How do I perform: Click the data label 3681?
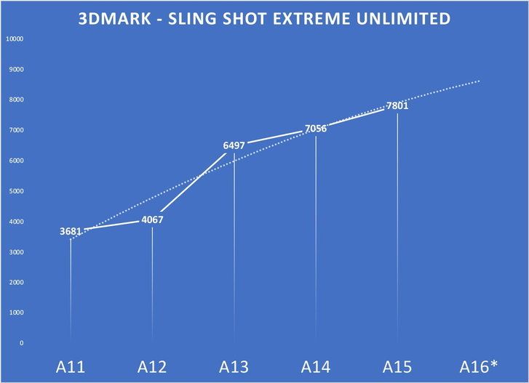coord(71,232)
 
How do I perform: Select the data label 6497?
coord(234,146)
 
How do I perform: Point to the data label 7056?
coord(315,128)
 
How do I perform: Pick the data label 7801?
coord(397,106)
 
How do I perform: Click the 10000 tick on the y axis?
coord(16,39)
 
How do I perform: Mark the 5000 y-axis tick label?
coord(17,191)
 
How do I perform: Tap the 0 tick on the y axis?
coord(22,343)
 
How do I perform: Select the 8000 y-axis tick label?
coord(17,100)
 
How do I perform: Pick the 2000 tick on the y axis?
coord(17,282)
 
